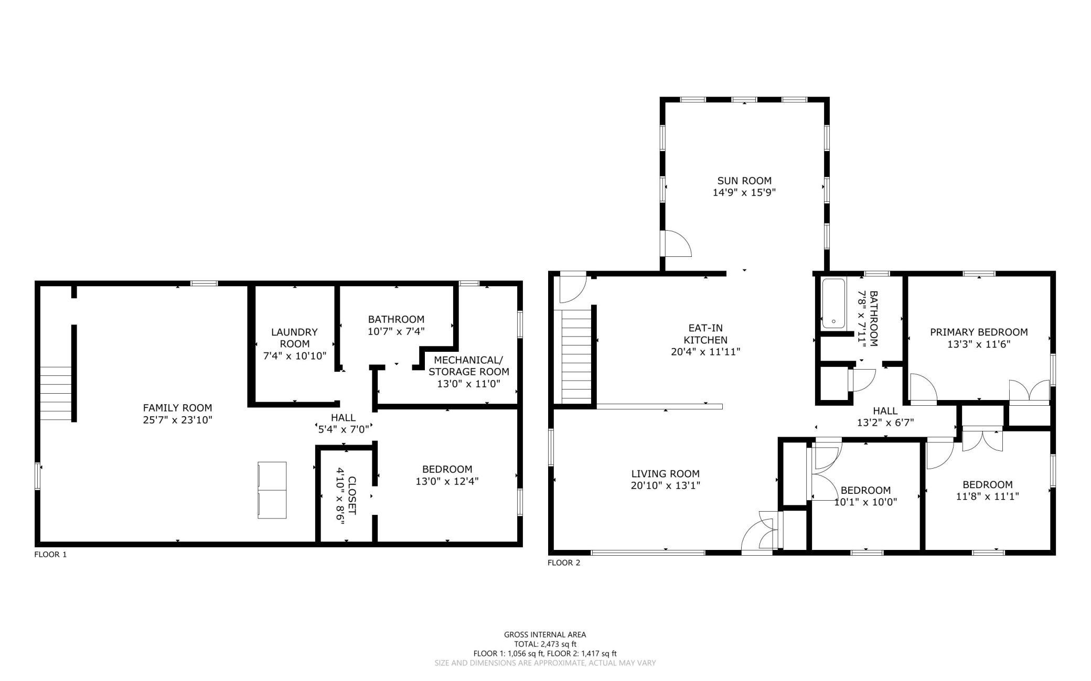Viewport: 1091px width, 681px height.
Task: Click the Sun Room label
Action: (744, 181)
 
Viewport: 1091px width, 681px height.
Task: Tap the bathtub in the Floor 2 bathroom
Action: (833, 304)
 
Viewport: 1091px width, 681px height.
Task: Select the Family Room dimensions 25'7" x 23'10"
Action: (177, 419)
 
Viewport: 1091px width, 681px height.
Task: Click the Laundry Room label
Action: (294, 338)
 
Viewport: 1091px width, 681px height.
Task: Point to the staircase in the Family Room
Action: (56, 393)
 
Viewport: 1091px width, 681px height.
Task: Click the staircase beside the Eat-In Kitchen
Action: (576, 357)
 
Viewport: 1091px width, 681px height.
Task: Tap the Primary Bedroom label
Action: (979, 332)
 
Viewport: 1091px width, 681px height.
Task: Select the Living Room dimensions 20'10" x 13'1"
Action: (666, 485)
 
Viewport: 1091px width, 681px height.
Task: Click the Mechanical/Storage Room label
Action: (468, 366)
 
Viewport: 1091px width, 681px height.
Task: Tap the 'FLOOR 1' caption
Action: (50, 554)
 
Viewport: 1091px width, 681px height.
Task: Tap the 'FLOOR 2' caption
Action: (564, 563)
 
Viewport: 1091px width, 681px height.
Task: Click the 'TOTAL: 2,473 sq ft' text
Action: (545, 644)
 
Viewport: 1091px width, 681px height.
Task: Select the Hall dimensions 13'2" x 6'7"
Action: (885, 423)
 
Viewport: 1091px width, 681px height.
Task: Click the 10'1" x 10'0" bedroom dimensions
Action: (865, 502)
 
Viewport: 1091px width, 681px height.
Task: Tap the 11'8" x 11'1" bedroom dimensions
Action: (988, 496)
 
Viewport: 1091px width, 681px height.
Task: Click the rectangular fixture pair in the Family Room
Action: (272, 490)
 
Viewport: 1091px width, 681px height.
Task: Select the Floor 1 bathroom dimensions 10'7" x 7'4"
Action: (396, 331)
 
